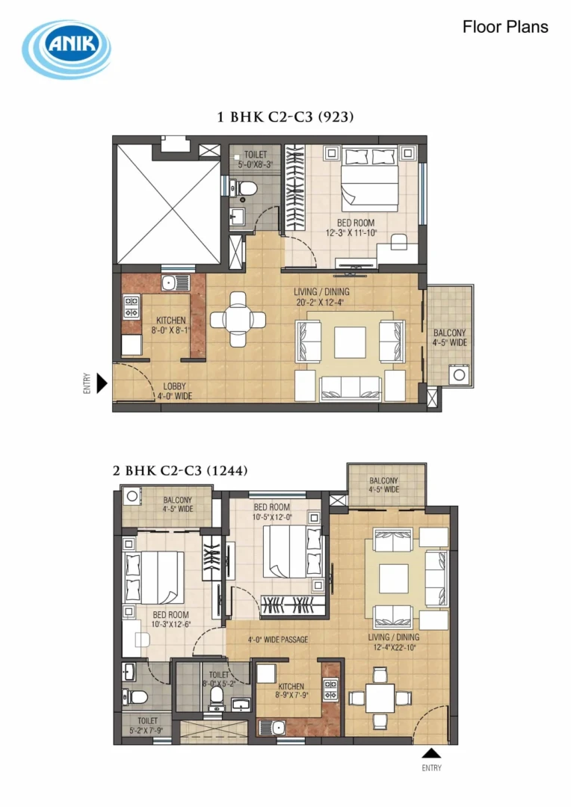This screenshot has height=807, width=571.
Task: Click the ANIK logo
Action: point(67,49)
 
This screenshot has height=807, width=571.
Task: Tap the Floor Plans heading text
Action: point(505,27)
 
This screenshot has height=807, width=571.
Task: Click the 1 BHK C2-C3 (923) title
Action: point(285,117)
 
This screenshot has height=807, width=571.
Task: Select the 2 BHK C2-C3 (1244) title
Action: point(180,471)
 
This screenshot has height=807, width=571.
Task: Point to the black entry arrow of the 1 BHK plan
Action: point(102,383)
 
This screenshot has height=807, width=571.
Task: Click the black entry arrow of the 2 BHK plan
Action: point(431,753)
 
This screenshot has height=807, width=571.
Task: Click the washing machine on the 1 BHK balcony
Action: point(459,374)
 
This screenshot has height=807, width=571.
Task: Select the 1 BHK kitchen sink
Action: point(175,282)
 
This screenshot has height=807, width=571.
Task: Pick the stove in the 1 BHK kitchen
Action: point(132,306)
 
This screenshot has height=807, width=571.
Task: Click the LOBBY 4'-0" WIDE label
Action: point(175,391)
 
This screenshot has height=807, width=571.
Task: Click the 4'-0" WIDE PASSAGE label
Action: point(278,640)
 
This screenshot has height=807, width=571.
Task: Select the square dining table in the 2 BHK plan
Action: point(380,699)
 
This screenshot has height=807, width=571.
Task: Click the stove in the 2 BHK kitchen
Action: point(330,689)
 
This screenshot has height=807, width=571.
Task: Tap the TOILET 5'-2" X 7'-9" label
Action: point(146,725)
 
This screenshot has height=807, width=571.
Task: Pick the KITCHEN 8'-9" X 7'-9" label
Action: point(291,690)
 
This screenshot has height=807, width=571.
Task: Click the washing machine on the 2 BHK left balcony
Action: point(132,496)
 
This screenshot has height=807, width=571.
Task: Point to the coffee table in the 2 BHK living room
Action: point(394,578)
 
